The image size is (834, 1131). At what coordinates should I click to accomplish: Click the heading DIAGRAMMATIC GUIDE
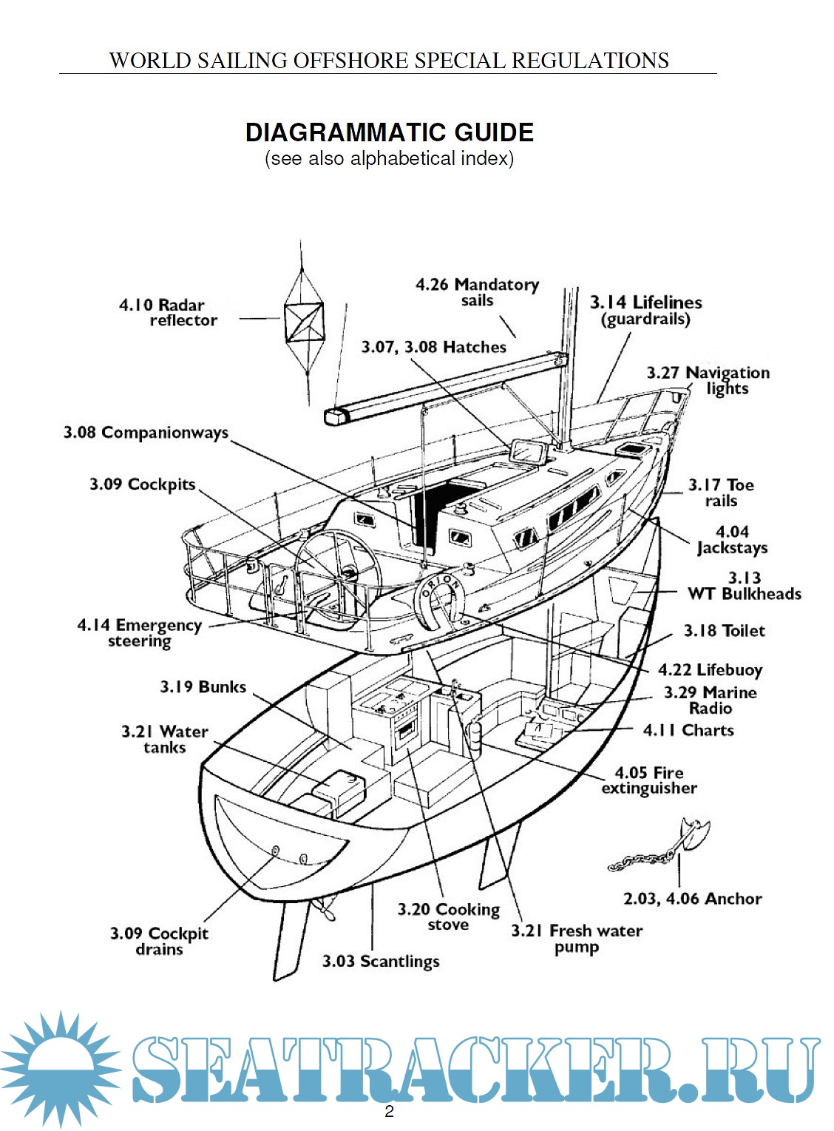[x=390, y=132]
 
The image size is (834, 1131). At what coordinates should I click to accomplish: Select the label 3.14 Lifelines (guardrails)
[x=646, y=311]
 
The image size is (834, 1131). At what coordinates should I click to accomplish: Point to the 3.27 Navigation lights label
[x=708, y=380]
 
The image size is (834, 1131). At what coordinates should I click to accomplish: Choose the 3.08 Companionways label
[x=146, y=433]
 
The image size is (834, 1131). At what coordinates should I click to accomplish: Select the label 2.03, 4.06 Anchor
[x=692, y=899]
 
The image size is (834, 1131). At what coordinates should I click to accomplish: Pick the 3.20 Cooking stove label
[x=448, y=917]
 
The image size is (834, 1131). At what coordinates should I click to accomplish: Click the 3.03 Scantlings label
[x=381, y=962]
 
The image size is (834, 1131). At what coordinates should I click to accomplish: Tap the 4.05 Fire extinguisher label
[x=649, y=780]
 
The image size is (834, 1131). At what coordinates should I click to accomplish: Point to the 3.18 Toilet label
[x=724, y=631]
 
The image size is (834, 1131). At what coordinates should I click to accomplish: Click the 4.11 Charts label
[x=688, y=731]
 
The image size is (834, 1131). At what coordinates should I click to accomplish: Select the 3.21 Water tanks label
[x=164, y=740]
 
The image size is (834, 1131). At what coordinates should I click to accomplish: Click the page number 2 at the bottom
[x=389, y=1112]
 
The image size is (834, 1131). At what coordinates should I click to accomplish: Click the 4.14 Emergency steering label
[x=139, y=633]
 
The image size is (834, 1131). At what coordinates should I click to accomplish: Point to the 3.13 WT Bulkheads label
[x=744, y=586]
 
